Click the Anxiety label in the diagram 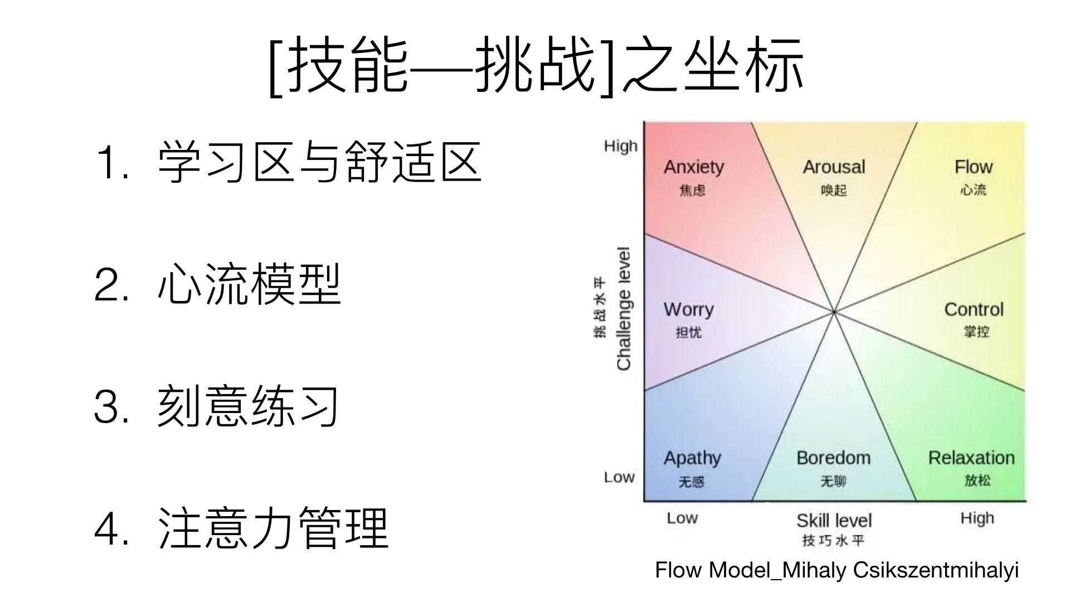click(693, 167)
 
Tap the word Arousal click(834, 167)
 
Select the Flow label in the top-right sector click(973, 167)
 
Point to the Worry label click(688, 309)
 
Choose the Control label click(974, 309)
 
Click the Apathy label click(692, 458)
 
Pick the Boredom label click(833, 458)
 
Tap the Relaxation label click(971, 458)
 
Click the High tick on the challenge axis click(620, 146)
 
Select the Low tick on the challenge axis click(619, 477)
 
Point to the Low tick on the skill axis click(682, 518)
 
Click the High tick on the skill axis click(977, 518)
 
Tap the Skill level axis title click(834, 521)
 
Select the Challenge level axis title click(624, 308)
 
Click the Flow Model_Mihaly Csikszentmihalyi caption click(836, 570)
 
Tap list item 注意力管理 click(273, 528)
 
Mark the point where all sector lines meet click(834, 312)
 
